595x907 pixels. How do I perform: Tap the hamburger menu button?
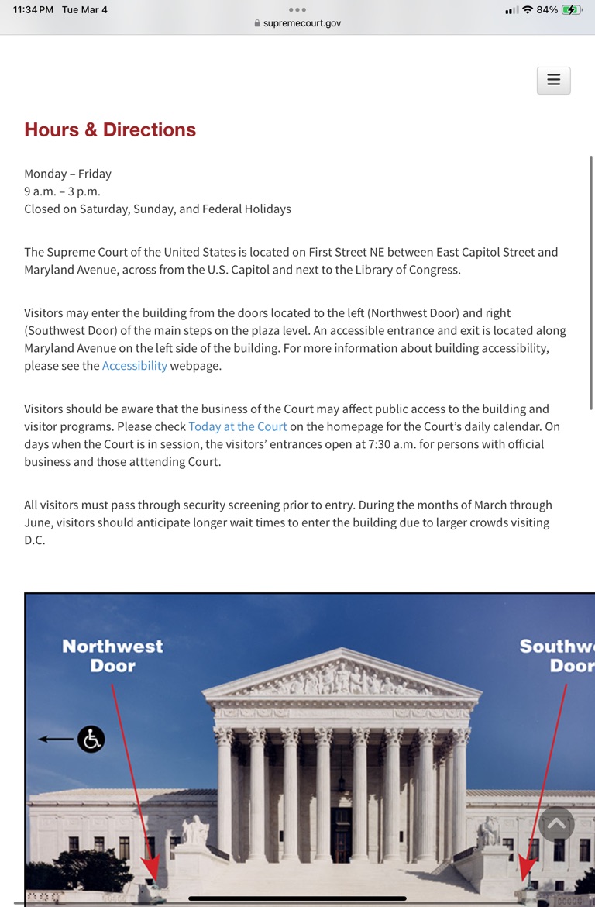coord(553,81)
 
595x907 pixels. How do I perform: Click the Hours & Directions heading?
coord(110,129)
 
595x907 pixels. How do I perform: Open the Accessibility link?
coord(135,366)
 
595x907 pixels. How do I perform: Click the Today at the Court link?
coord(238,426)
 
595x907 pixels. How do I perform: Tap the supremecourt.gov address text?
coord(302,23)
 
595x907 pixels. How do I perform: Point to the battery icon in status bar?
coord(572,10)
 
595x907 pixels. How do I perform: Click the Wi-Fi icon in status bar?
coord(528,10)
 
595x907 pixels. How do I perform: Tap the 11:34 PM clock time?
coord(33,10)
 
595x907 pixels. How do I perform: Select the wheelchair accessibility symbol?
coord(91,739)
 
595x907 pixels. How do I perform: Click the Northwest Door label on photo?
coord(112,656)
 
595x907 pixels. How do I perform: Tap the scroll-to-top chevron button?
coord(557,824)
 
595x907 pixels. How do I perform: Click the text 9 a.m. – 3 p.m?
coord(62,191)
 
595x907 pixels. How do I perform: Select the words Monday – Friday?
coord(67,174)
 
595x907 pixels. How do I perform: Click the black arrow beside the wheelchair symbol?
coord(54,739)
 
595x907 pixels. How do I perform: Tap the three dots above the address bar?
coord(297,9)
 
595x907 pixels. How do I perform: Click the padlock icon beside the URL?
coord(257,23)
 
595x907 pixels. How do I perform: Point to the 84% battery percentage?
coord(547,10)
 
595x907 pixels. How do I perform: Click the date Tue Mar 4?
coord(84,10)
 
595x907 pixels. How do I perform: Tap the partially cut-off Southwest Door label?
coord(556,656)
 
